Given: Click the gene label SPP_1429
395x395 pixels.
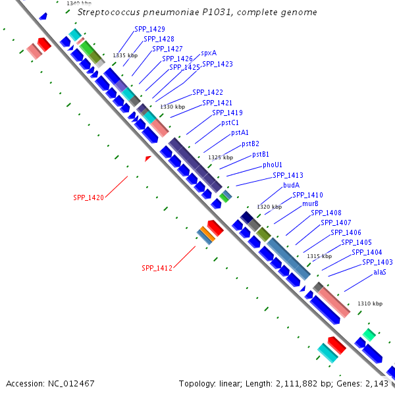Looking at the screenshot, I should tap(149, 29).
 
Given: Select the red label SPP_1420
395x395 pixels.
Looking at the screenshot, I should tap(88, 197).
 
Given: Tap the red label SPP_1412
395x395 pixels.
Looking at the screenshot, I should tap(157, 268).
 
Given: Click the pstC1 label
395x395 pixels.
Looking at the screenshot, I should tap(230, 122).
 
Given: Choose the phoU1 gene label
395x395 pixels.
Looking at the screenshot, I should tap(273, 165).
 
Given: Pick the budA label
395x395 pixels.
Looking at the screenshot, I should tap(292, 185).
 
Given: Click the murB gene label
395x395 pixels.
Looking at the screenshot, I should tap(310, 203).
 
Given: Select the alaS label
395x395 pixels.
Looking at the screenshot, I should tap(380, 272).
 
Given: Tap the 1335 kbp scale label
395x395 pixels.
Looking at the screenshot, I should tap(125, 56).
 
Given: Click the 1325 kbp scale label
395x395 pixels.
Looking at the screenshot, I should tap(221, 158).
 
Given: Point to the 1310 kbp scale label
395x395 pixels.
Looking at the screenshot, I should tap(369, 303).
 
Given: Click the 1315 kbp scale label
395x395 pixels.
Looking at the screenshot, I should tap(319, 256).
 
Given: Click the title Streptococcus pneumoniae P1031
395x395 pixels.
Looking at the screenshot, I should tap(197, 13).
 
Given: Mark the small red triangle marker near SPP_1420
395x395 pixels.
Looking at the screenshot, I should tap(148, 158).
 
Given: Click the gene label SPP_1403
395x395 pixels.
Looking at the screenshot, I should tap(377, 262).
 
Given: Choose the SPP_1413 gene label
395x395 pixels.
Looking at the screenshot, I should tap(288, 175).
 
